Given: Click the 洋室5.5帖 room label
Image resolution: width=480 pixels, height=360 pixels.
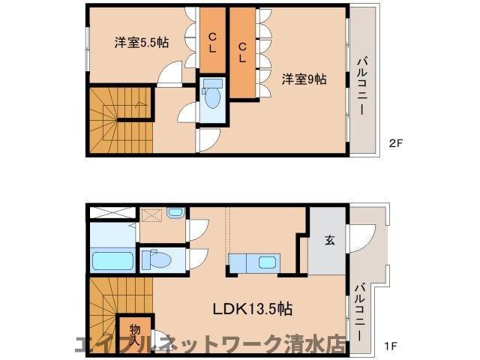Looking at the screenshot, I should tap(141, 43).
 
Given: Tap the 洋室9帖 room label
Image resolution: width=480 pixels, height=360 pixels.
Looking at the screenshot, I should tap(304, 79).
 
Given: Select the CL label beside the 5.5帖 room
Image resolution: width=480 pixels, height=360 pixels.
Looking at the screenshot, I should tap(212, 42).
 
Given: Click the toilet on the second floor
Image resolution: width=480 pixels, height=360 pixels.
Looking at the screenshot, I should tap(213, 97).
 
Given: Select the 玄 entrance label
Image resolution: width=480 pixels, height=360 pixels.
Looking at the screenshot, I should tap(329, 241).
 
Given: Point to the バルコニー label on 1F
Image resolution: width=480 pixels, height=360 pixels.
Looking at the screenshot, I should tap(361, 308).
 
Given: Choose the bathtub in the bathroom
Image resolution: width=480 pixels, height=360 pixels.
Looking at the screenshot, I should tap(112, 262).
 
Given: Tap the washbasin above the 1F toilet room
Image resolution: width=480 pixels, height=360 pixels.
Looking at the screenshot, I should tap(175, 213).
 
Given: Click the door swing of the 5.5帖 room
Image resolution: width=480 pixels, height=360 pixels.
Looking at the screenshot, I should tap(171, 75).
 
